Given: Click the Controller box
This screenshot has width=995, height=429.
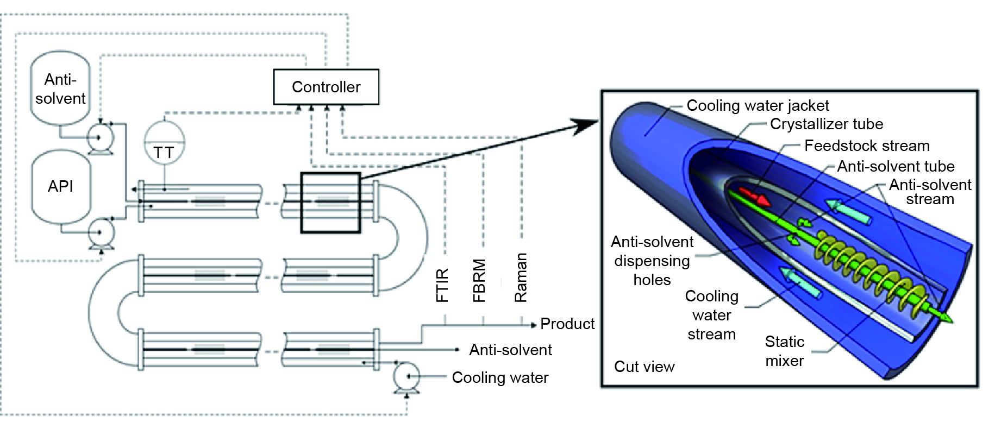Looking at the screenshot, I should pos(326,87).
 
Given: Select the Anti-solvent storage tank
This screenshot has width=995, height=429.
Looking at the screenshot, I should pos(60,89).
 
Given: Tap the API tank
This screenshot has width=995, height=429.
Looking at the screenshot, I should pos(60,186).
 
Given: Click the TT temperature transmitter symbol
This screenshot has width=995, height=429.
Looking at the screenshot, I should pos(164,144).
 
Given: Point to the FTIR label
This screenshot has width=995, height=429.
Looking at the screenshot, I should pos(442,285).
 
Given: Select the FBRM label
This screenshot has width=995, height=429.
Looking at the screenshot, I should pos(479,280).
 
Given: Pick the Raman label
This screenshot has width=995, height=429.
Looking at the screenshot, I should pos(521,277).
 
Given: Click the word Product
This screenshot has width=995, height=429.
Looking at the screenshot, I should pos(567,324).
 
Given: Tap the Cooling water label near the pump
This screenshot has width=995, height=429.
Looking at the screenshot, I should pos(500,377).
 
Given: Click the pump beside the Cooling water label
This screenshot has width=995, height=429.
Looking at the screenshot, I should pos(406,376).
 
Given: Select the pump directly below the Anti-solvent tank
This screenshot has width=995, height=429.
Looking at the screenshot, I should pos(100,138).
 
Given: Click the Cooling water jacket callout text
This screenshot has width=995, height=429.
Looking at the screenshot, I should pos(758,105).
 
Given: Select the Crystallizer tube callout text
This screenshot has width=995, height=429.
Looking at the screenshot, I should pos(826,124).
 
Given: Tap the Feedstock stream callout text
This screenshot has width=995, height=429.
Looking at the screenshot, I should pos(867,146).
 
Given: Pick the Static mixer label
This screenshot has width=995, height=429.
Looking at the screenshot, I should pos(784,351).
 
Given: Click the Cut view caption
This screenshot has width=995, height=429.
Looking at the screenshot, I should pos(644,367).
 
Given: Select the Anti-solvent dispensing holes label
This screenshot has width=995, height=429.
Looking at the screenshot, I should pos(652,261).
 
